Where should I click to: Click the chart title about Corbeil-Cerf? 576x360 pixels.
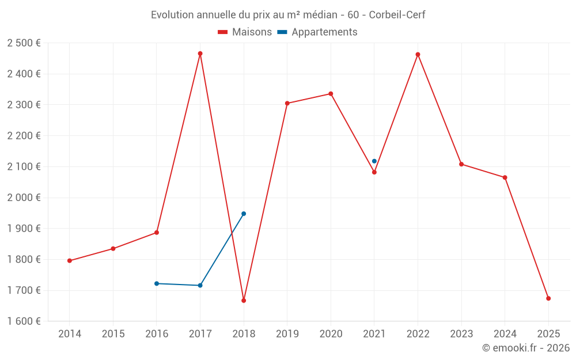pyautogui.click(x=288, y=15)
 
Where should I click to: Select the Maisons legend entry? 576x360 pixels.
pyautogui.click(x=245, y=32)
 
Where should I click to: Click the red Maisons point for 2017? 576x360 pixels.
pyautogui.click(x=200, y=54)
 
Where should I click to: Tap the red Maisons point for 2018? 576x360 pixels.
pyautogui.click(x=244, y=301)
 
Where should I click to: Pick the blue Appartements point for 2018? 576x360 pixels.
pyautogui.click(x=244, y=214)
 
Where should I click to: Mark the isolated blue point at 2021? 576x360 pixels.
pyautogui.click(x=374, y=161)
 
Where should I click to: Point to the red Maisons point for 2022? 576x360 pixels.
pyautogui.click(x=418, y=55)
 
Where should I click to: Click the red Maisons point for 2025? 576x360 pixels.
pyautogui.click(x=548, y=298)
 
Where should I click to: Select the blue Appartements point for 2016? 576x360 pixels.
pyautogui.click(x=157, y=283)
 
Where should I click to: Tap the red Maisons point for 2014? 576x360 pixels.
pyautogui.click(x=70, y=261)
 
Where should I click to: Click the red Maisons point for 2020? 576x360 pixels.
pyautogui.click(x=331, y=94)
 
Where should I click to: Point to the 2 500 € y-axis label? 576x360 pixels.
pyautogui.click(x=24, y=43)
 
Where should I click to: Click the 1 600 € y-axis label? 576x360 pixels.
pyautogui.click(x=24, y=321)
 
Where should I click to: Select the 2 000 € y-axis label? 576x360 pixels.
pyautogui.click(x=24, y=198)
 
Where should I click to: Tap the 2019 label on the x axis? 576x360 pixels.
pyautogui.click(x=287, y=334)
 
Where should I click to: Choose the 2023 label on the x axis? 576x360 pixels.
pyautogui.click(x=461, y=334)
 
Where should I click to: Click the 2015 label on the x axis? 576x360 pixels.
pyautogui.click(x=113, y=334)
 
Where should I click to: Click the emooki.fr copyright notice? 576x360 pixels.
pyautogui.click(x=525, y=348)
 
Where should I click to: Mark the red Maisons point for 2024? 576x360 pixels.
pyautogui.click(x=505, y=177)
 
